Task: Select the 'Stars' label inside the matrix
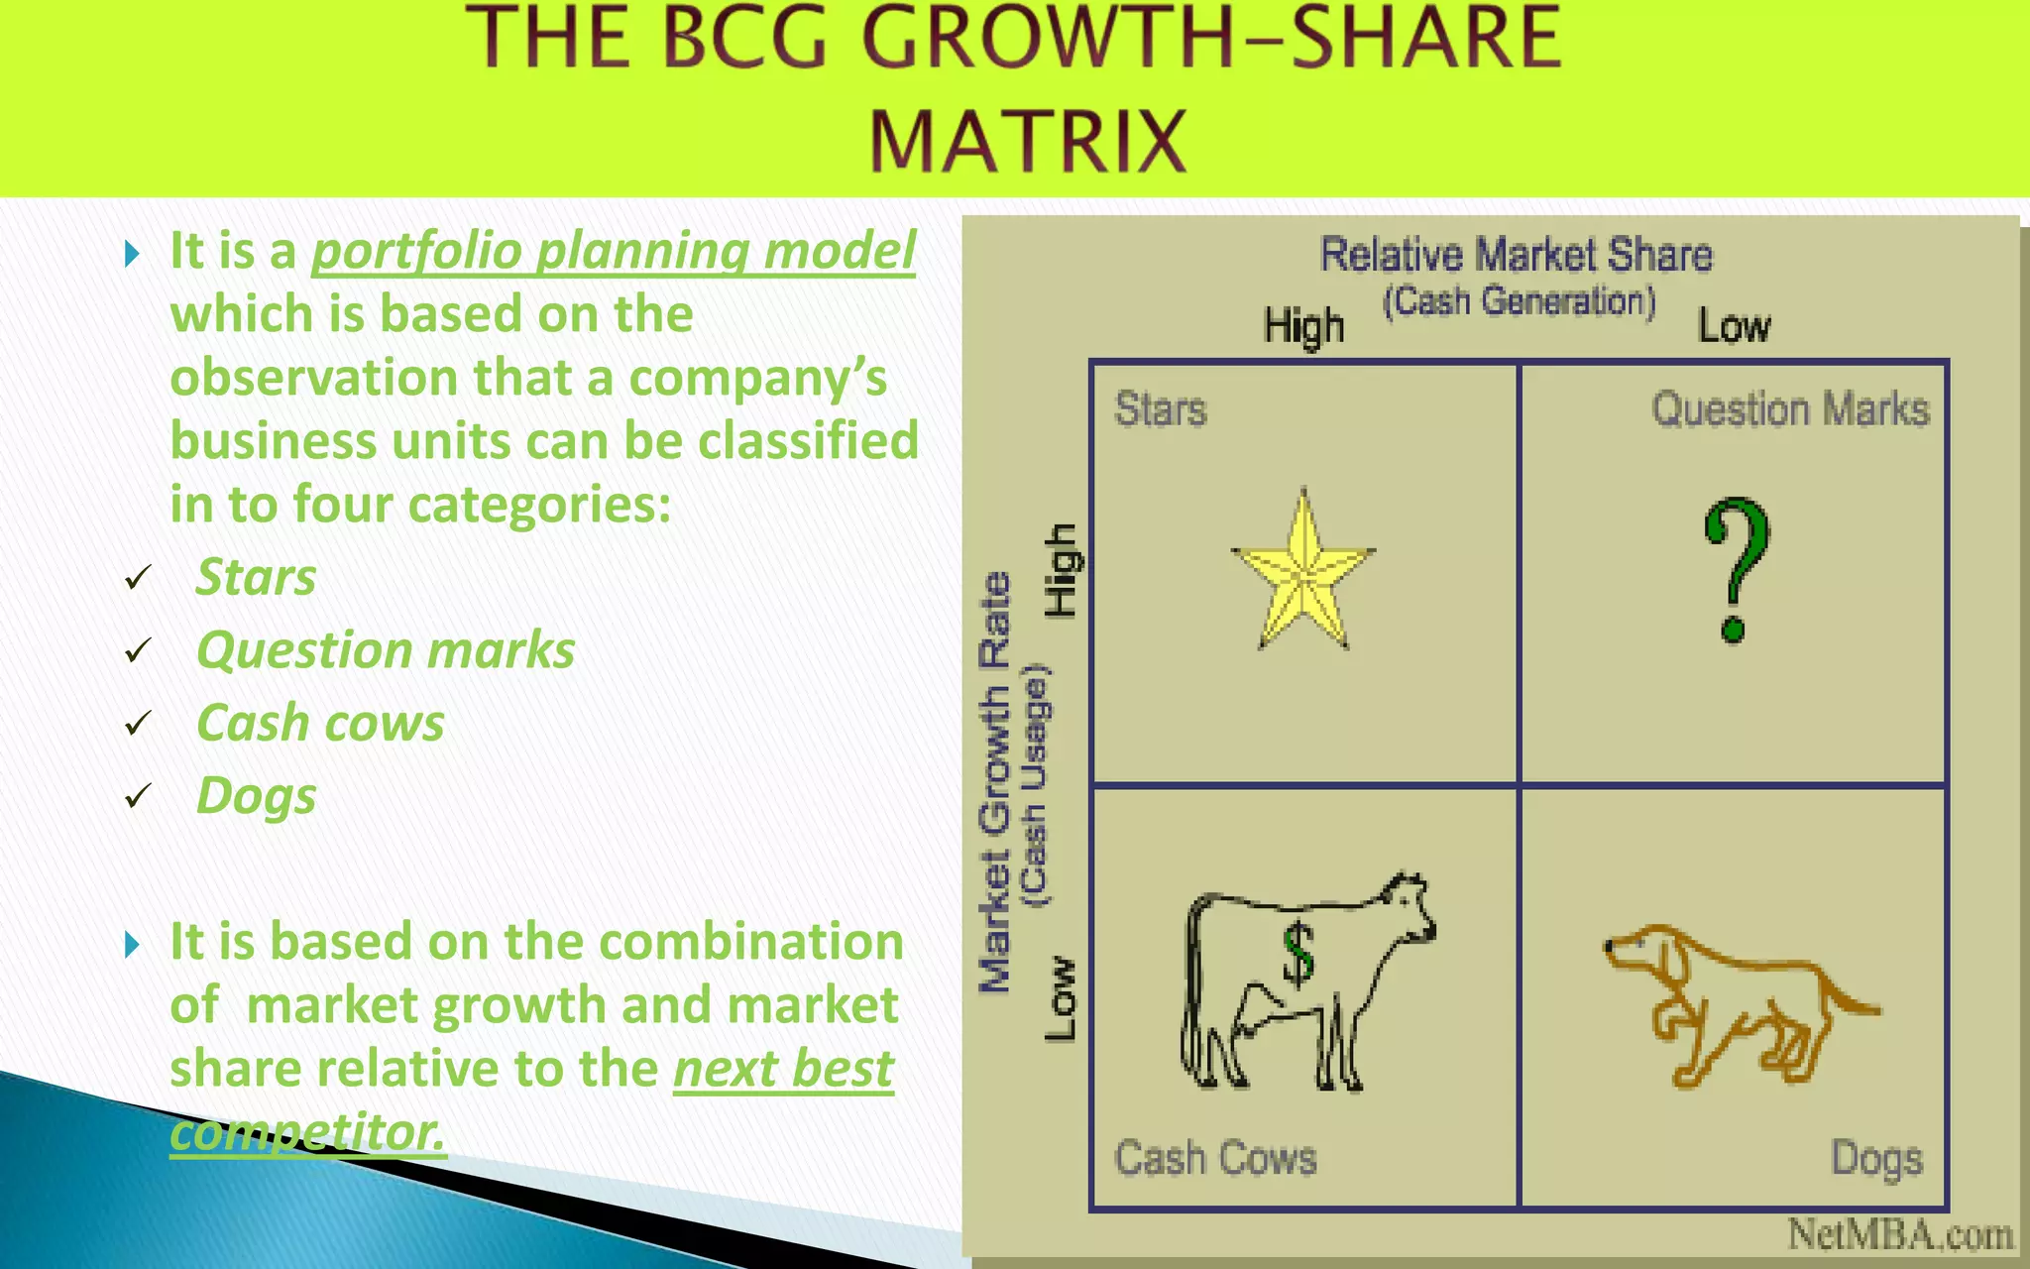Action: coord(1161,409)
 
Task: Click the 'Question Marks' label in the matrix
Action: coord(1790,409)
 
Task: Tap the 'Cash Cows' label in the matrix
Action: coord(1215,1158)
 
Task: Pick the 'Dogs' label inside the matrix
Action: coord(1876,1158)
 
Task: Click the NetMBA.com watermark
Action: coord(1899,1235)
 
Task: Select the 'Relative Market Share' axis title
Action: coord(1516,255)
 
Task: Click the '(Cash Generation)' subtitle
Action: coord(1519,301)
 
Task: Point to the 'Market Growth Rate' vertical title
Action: coord(994,783)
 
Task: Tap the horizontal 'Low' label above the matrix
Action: coord(1734,326)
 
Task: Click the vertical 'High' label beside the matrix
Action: coord(1061,570)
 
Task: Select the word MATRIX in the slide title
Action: coord(1028,141)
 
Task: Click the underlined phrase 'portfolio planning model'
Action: coord(613,250)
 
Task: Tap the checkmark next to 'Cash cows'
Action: coord(138,724)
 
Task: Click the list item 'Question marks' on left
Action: coord(386,650)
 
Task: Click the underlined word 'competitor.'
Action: coord(307,1131)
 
